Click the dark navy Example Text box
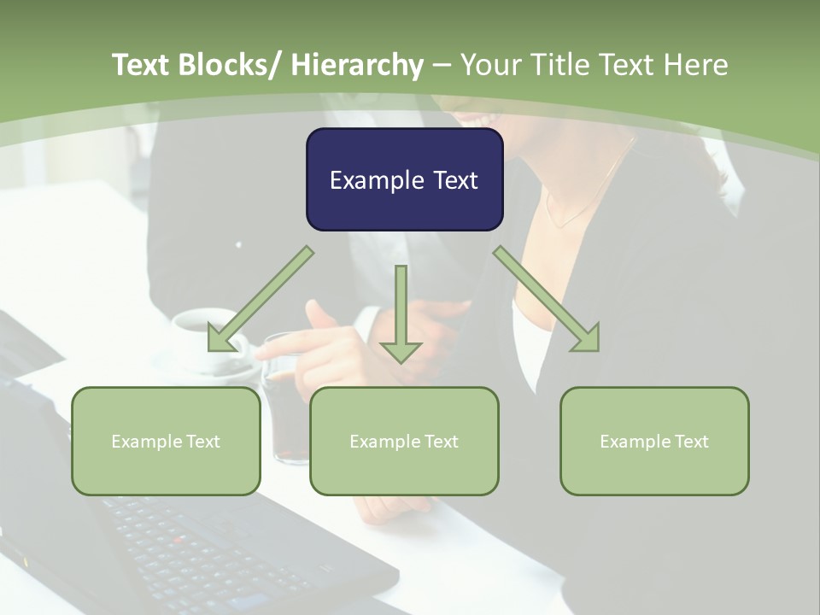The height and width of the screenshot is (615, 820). (x=404, y=179)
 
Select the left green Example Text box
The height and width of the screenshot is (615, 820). (x=166, y=441)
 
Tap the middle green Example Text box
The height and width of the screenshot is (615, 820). (x=404, y=441)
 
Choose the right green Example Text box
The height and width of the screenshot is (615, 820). (x=654, y=441)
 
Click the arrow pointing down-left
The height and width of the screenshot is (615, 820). (x=261, y=299)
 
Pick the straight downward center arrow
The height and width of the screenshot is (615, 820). (x=401, y=312)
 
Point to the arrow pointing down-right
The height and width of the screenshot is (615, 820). (x=547, y=299)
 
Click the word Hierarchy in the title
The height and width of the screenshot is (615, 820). (x=358, y=65)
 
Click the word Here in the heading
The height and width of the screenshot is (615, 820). (x=696, y=65)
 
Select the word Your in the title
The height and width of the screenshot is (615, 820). (x=490, y=65)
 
